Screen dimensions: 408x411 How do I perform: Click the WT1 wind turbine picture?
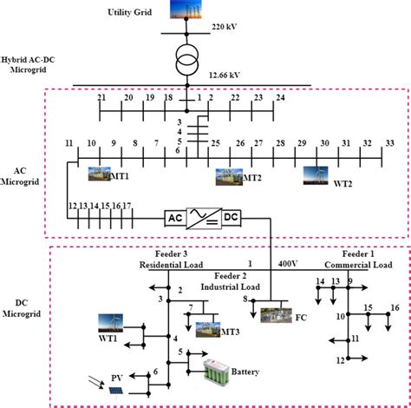click(110, 326)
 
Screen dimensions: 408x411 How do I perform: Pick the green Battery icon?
click(222, 373)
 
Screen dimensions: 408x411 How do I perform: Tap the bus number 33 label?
click(388, 142)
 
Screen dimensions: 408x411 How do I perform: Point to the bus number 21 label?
click(101, 99)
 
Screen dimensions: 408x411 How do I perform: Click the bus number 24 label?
click(280, 99)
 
